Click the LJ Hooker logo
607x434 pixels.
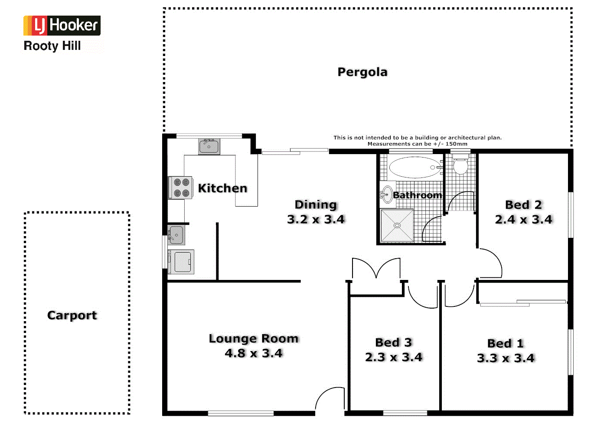tap(62, 26)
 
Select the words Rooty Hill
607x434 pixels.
tap(52, 46)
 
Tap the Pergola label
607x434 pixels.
tap(362, 72)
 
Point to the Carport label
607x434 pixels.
tap(72, 316)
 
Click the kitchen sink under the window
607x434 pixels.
tap(209, 146)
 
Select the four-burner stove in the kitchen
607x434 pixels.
tap(181, 187)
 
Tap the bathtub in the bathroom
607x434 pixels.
tap(415, 168)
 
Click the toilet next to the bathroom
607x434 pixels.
tap(460, 165)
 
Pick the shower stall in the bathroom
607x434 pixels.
tap(397, 225)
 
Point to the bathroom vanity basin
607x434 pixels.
tap(386, 195)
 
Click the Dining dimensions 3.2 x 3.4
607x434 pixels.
tap(316, 220)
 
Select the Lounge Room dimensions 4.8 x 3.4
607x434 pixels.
tap(254, 354)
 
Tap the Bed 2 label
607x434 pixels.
tap(523, 205)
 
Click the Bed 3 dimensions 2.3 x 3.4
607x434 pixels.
tap(393, 358)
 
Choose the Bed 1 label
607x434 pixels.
tap(506, 343)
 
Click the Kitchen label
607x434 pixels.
tap(222, 188)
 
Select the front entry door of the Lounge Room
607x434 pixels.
tap(330, 398)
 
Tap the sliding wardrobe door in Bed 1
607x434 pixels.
tap(523, 303)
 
